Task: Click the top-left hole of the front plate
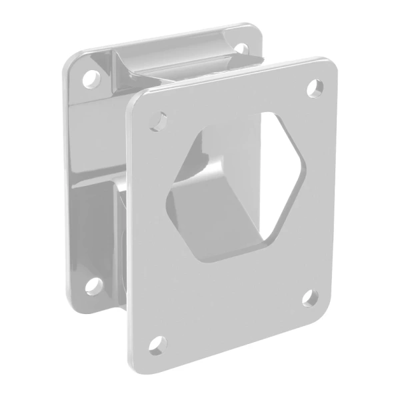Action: tap(159, 121)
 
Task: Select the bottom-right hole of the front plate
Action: tap(309, 297)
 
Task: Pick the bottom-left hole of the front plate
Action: tap(157, 345)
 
